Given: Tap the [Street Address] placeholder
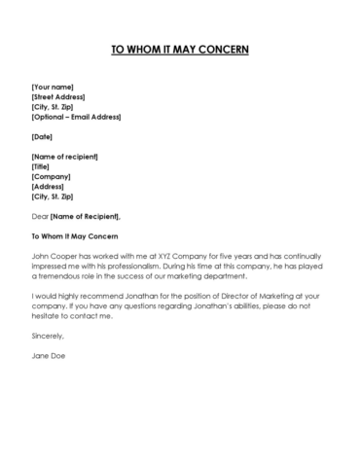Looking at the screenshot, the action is coord(58,97).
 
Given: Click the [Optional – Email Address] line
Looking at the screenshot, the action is coord(76,117).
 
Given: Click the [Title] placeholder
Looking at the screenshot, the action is coord(43,166).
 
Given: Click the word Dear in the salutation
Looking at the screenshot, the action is coord(40,215).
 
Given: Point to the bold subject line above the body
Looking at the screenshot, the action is coord(73,235).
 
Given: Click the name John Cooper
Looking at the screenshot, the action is coord(54,255).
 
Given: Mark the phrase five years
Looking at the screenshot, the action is coord(221,255).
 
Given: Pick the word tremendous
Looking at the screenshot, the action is coord(62,274).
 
